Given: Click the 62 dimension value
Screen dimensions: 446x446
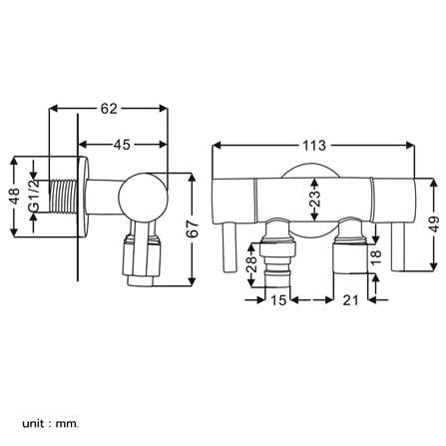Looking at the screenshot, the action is (x=109, y=109).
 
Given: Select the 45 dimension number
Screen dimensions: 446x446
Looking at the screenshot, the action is (x=122, y=145).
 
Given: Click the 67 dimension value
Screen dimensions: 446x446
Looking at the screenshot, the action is (x=193, y=228).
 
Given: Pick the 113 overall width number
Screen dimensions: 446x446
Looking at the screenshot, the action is (x=314, y=146).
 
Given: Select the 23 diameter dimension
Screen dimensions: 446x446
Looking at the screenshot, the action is (x=315, y=199).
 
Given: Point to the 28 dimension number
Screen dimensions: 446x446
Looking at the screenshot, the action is (x=252, y=264).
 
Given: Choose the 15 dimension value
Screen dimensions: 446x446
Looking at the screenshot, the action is (x=278, y=300).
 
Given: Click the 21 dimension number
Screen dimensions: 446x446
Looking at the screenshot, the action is (x=350, y=300).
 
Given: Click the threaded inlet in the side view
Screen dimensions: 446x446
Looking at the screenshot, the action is (x=64, y=197).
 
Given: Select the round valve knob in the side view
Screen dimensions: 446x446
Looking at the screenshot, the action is (x=144, y=197).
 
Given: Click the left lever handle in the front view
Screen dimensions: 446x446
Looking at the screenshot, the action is (x=229, y=246).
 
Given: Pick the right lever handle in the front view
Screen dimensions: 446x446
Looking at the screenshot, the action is (x=398, y=246).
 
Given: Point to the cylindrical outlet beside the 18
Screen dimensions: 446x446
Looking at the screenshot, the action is (x=350, y=258).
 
